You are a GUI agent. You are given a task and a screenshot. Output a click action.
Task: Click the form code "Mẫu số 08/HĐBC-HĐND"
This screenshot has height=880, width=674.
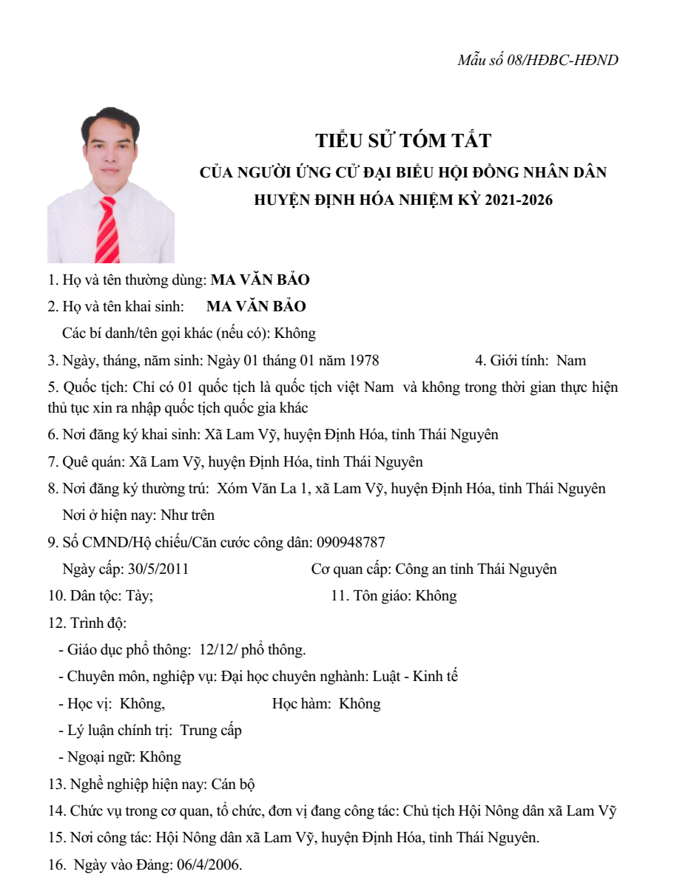click(x=538, y=60)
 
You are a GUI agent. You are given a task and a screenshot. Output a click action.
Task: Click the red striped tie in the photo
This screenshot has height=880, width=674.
click(x=108, y=230)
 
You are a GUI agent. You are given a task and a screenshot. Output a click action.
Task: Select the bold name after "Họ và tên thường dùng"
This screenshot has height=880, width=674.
click(x=260, y=280)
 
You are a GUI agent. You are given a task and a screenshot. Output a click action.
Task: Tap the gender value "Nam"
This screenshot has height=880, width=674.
click(x=571, y=360)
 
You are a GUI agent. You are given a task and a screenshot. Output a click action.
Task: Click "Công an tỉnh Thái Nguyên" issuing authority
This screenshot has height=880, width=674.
click(x=476, y=569)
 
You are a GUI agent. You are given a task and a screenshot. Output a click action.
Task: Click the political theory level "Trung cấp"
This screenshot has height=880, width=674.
click(x=211, y=730)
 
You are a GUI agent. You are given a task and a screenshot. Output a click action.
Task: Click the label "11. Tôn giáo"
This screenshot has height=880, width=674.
click(x=370, y=595)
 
